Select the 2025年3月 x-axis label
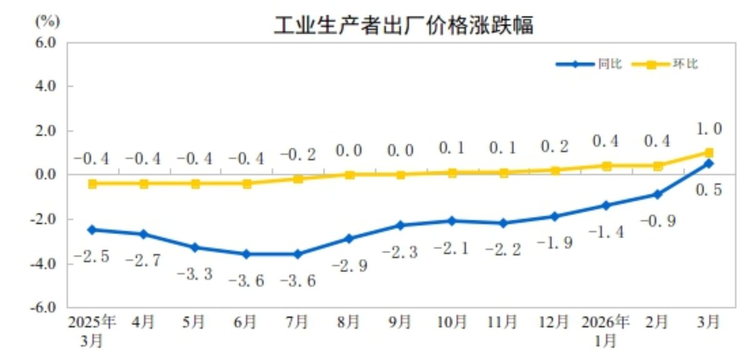coord(92,331)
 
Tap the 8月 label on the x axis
coord(349,322)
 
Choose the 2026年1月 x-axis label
coord(605,331)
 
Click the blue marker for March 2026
coord(709,164)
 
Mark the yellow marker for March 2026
coord(709,152)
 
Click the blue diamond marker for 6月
coord(246,254)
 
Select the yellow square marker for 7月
coord(297,179)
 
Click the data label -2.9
coord(349,265)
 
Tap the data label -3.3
coord(195,274)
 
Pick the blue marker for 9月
coord(400,225)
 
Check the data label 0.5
coord(709,189)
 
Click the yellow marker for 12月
coord(554,170)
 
